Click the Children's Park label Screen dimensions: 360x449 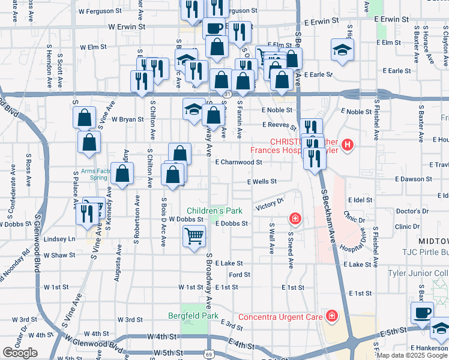tap(214, 211)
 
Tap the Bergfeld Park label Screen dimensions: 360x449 tap(193, 316)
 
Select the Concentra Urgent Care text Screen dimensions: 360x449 tap(281, 316)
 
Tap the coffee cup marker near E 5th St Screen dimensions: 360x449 tap(422, 313)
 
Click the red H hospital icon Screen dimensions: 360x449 tap(348, 145)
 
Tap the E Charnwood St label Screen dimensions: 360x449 tap(239, 162)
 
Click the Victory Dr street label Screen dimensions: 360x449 tap(270, 205)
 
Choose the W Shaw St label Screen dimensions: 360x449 tap(59, 255)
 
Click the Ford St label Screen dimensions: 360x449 tap(240, 275)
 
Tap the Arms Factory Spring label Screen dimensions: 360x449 tap(93, 175)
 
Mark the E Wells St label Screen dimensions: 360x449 tap(262, 181)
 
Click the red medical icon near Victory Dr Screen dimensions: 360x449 tap(295, 218)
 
